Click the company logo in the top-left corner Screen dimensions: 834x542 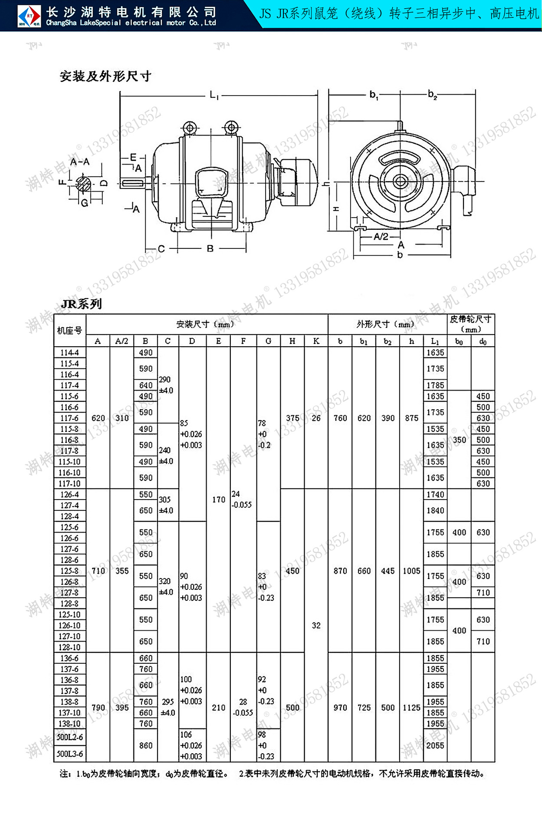coord(29,16)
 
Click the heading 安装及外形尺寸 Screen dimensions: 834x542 coord(105,76)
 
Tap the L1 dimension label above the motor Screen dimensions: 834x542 coord(214,95)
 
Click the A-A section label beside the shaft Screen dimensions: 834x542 coord(80,162)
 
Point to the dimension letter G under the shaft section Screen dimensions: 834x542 coord(85,203)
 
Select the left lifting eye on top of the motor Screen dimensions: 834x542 coord(190,128)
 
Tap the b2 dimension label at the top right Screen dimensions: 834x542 coord(432,94)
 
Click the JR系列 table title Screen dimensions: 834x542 coord(82,304)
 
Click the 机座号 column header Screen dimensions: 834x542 coord(69,331)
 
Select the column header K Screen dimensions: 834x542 coord(316,341)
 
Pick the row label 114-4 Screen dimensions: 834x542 coord(69,352)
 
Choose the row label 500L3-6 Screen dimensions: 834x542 coord(69,754)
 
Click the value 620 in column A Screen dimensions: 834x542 coord(98,418)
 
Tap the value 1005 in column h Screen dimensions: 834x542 coord(411,571)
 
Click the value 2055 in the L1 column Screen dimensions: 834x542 coord(435,745)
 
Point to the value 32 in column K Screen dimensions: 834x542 coord(316,625)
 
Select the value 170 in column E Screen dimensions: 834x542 coord(218,500)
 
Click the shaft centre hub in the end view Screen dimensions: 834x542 coord(400,182)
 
